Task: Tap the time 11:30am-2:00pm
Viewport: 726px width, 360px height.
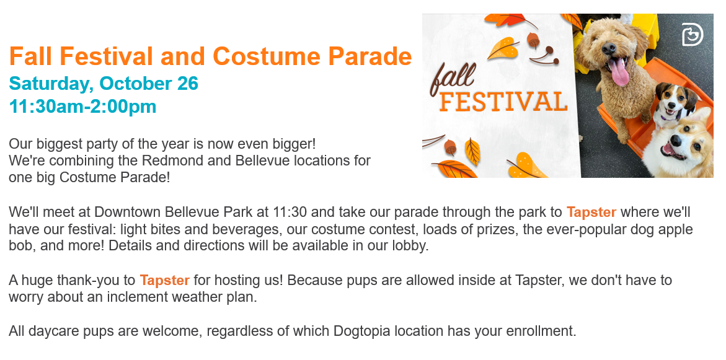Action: click(x=82, y=107)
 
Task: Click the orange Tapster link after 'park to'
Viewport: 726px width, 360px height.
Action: click(x=591, y=213)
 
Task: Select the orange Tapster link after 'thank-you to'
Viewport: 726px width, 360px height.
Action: click(x=164, y=280)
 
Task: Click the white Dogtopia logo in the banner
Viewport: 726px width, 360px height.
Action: click(x=692, y=35)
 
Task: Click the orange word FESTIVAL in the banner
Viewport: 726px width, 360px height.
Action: click(x=503, y=102)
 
